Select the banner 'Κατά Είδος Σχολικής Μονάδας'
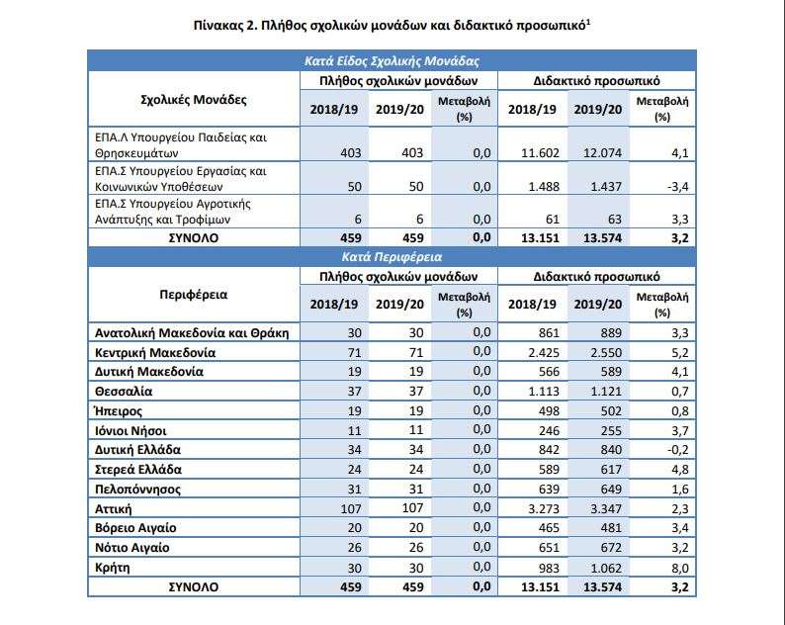tap(392, 61)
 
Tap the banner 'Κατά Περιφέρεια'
tap(392, 257)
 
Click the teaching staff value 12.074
tap(602, 152)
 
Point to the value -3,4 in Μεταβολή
tap(678, 187)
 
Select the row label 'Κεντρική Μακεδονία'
tap(155, 353)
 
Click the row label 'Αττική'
tap(113, 509)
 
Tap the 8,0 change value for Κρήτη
tap(680, 568)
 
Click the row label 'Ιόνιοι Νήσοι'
tap(131, 431)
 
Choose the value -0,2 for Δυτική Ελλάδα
tap(678, 450)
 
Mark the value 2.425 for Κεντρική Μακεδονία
tap(544, 353)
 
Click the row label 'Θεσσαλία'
tap(124, 392)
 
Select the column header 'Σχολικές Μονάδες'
tap(194, 99)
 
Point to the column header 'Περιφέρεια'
tap(193, 295)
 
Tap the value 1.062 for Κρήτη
tap(606, 568)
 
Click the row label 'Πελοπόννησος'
tap(137, 489)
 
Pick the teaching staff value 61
tap(551, 220)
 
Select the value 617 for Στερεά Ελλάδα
tap(611, 470)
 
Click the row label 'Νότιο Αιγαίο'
tap(132, 548)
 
